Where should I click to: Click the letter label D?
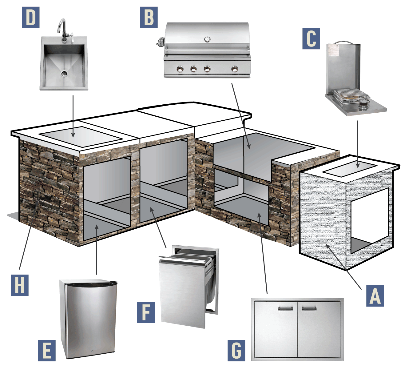click(x=30, y=17)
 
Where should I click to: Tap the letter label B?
click(x=149, y=17)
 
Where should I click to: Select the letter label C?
click(x=311, y=38)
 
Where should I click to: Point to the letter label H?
click(x=20, y=285)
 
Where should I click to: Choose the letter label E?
click(x=47, y=350)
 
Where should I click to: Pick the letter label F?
click(x=146, y=312)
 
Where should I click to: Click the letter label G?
click(x=236, y=350)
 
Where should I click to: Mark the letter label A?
click(x=375, y=296)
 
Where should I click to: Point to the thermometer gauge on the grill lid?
click(x=207, y=39)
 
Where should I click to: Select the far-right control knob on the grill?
click(x=235, y=69)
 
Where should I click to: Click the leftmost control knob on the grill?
click(x=180, y=69)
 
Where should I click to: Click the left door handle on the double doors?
click(x=285, y=308)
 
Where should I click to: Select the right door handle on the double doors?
click(x=309, y=308)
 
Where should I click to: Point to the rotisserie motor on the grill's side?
click(x=161, y=42)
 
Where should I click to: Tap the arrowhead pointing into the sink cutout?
click(x=73, y=135)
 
